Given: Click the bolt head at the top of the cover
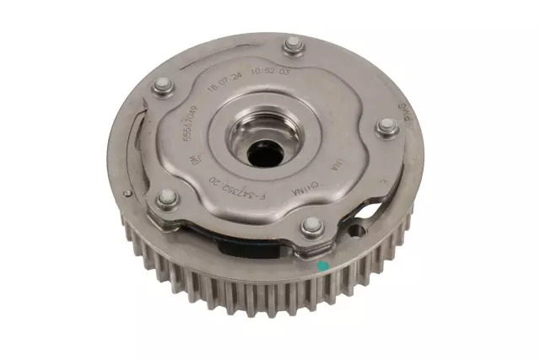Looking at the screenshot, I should (x=292, y=44).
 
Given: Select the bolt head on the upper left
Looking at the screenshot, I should (x=163, y=86).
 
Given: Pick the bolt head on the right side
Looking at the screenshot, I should (x=387, y=127).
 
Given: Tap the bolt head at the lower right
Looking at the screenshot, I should (x=312, y=225).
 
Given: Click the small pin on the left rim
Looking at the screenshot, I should (x=127, y=193).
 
